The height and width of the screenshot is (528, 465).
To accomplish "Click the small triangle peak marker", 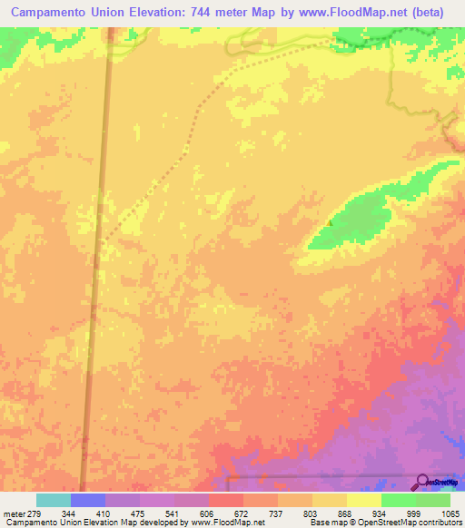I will click(330, 220).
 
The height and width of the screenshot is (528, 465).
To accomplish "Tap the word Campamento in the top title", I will click(52, 14).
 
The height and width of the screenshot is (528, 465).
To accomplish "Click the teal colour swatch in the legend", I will click(54, 501).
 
